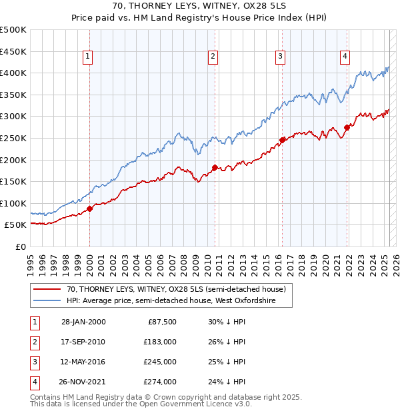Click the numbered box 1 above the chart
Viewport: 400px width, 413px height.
coord(89,57)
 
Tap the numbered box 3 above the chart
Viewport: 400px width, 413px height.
coord(281,57)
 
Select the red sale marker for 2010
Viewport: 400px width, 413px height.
coord(215,167)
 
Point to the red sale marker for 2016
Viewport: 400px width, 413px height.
coord(282,140)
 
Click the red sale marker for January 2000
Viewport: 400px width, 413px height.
coord(90,208)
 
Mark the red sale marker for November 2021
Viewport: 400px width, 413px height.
coord(347,127)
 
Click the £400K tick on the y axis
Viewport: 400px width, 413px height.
coord(13,73)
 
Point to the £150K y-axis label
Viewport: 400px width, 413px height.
coord(13,181)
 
